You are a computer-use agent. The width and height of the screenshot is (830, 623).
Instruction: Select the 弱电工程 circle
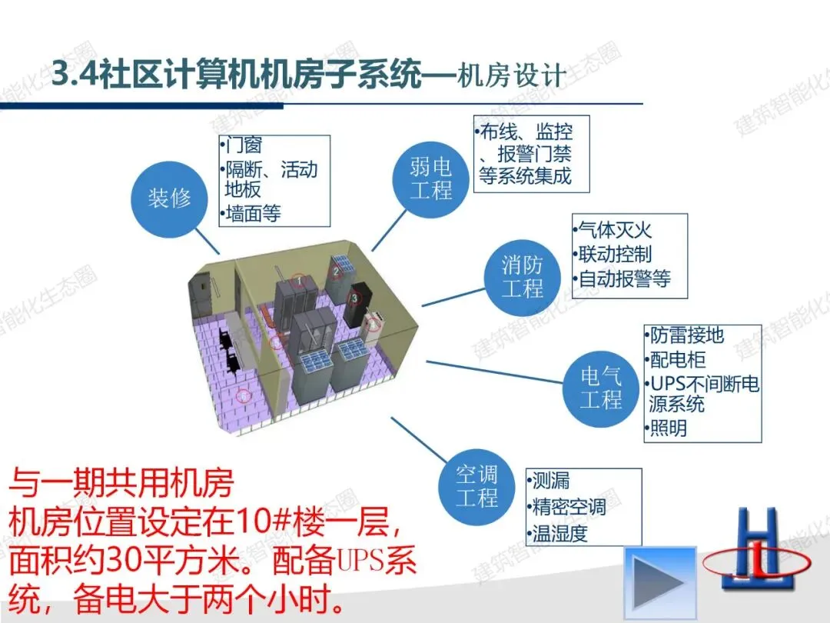tap(430, 178)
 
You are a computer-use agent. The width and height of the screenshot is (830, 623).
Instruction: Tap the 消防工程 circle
tap(523, 277)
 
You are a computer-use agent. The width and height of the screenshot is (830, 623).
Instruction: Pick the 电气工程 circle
tap(601, 388)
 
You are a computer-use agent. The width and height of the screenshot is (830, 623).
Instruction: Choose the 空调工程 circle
tap(476, 485)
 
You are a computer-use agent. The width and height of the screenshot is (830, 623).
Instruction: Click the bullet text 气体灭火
tap(615, 229)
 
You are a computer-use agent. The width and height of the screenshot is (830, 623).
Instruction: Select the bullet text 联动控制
tap(615, 254)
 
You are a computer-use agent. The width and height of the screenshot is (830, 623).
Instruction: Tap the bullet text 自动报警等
tap(623, 278)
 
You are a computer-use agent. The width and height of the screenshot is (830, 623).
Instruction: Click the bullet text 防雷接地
tap(686, 335)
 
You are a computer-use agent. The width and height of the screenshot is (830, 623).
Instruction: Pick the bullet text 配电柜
tap(676, 359)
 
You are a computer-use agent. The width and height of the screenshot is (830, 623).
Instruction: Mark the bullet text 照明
tap(668, 428)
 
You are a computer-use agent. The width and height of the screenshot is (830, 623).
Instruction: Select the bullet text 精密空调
tap(569, 507)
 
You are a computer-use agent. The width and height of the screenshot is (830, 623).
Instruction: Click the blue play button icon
tap(659, 577)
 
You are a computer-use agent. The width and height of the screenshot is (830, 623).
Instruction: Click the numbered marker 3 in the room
tap(356, 298)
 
